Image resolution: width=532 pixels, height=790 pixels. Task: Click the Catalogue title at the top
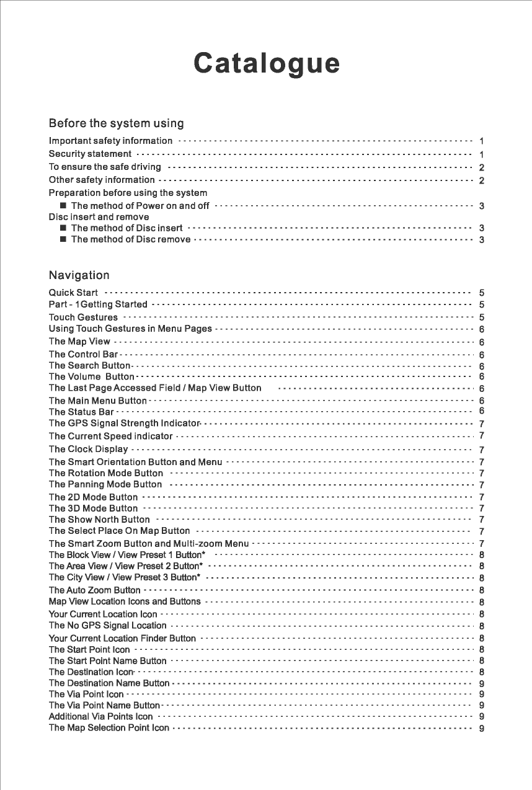(267, 64)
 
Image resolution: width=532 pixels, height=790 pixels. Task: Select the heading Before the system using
(116, 123)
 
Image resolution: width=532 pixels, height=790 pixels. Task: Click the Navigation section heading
(79, 275)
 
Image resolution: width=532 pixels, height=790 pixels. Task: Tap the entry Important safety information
(110, 141)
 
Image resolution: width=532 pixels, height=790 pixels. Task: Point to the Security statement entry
(90, 154)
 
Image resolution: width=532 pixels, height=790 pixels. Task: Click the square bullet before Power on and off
(63, 206)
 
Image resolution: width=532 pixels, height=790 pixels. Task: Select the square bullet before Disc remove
(63, 240)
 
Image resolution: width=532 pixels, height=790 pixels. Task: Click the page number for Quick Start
(482, 292)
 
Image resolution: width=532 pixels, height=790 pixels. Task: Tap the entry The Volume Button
(91, 376)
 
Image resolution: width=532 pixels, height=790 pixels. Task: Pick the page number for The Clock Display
(482, 450)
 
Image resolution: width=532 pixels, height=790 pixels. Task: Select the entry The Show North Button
(99, 520)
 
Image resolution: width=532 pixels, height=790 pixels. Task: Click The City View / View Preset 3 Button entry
(124, 577)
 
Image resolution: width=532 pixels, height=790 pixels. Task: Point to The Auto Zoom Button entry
(94, 590)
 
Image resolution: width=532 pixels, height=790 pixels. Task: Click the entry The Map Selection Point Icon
(109, 728)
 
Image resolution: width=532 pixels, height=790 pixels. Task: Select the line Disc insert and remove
(99, 217)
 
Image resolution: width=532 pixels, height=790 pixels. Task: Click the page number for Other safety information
(482, 180)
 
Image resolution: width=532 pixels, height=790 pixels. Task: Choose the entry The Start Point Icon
(89, 650)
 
